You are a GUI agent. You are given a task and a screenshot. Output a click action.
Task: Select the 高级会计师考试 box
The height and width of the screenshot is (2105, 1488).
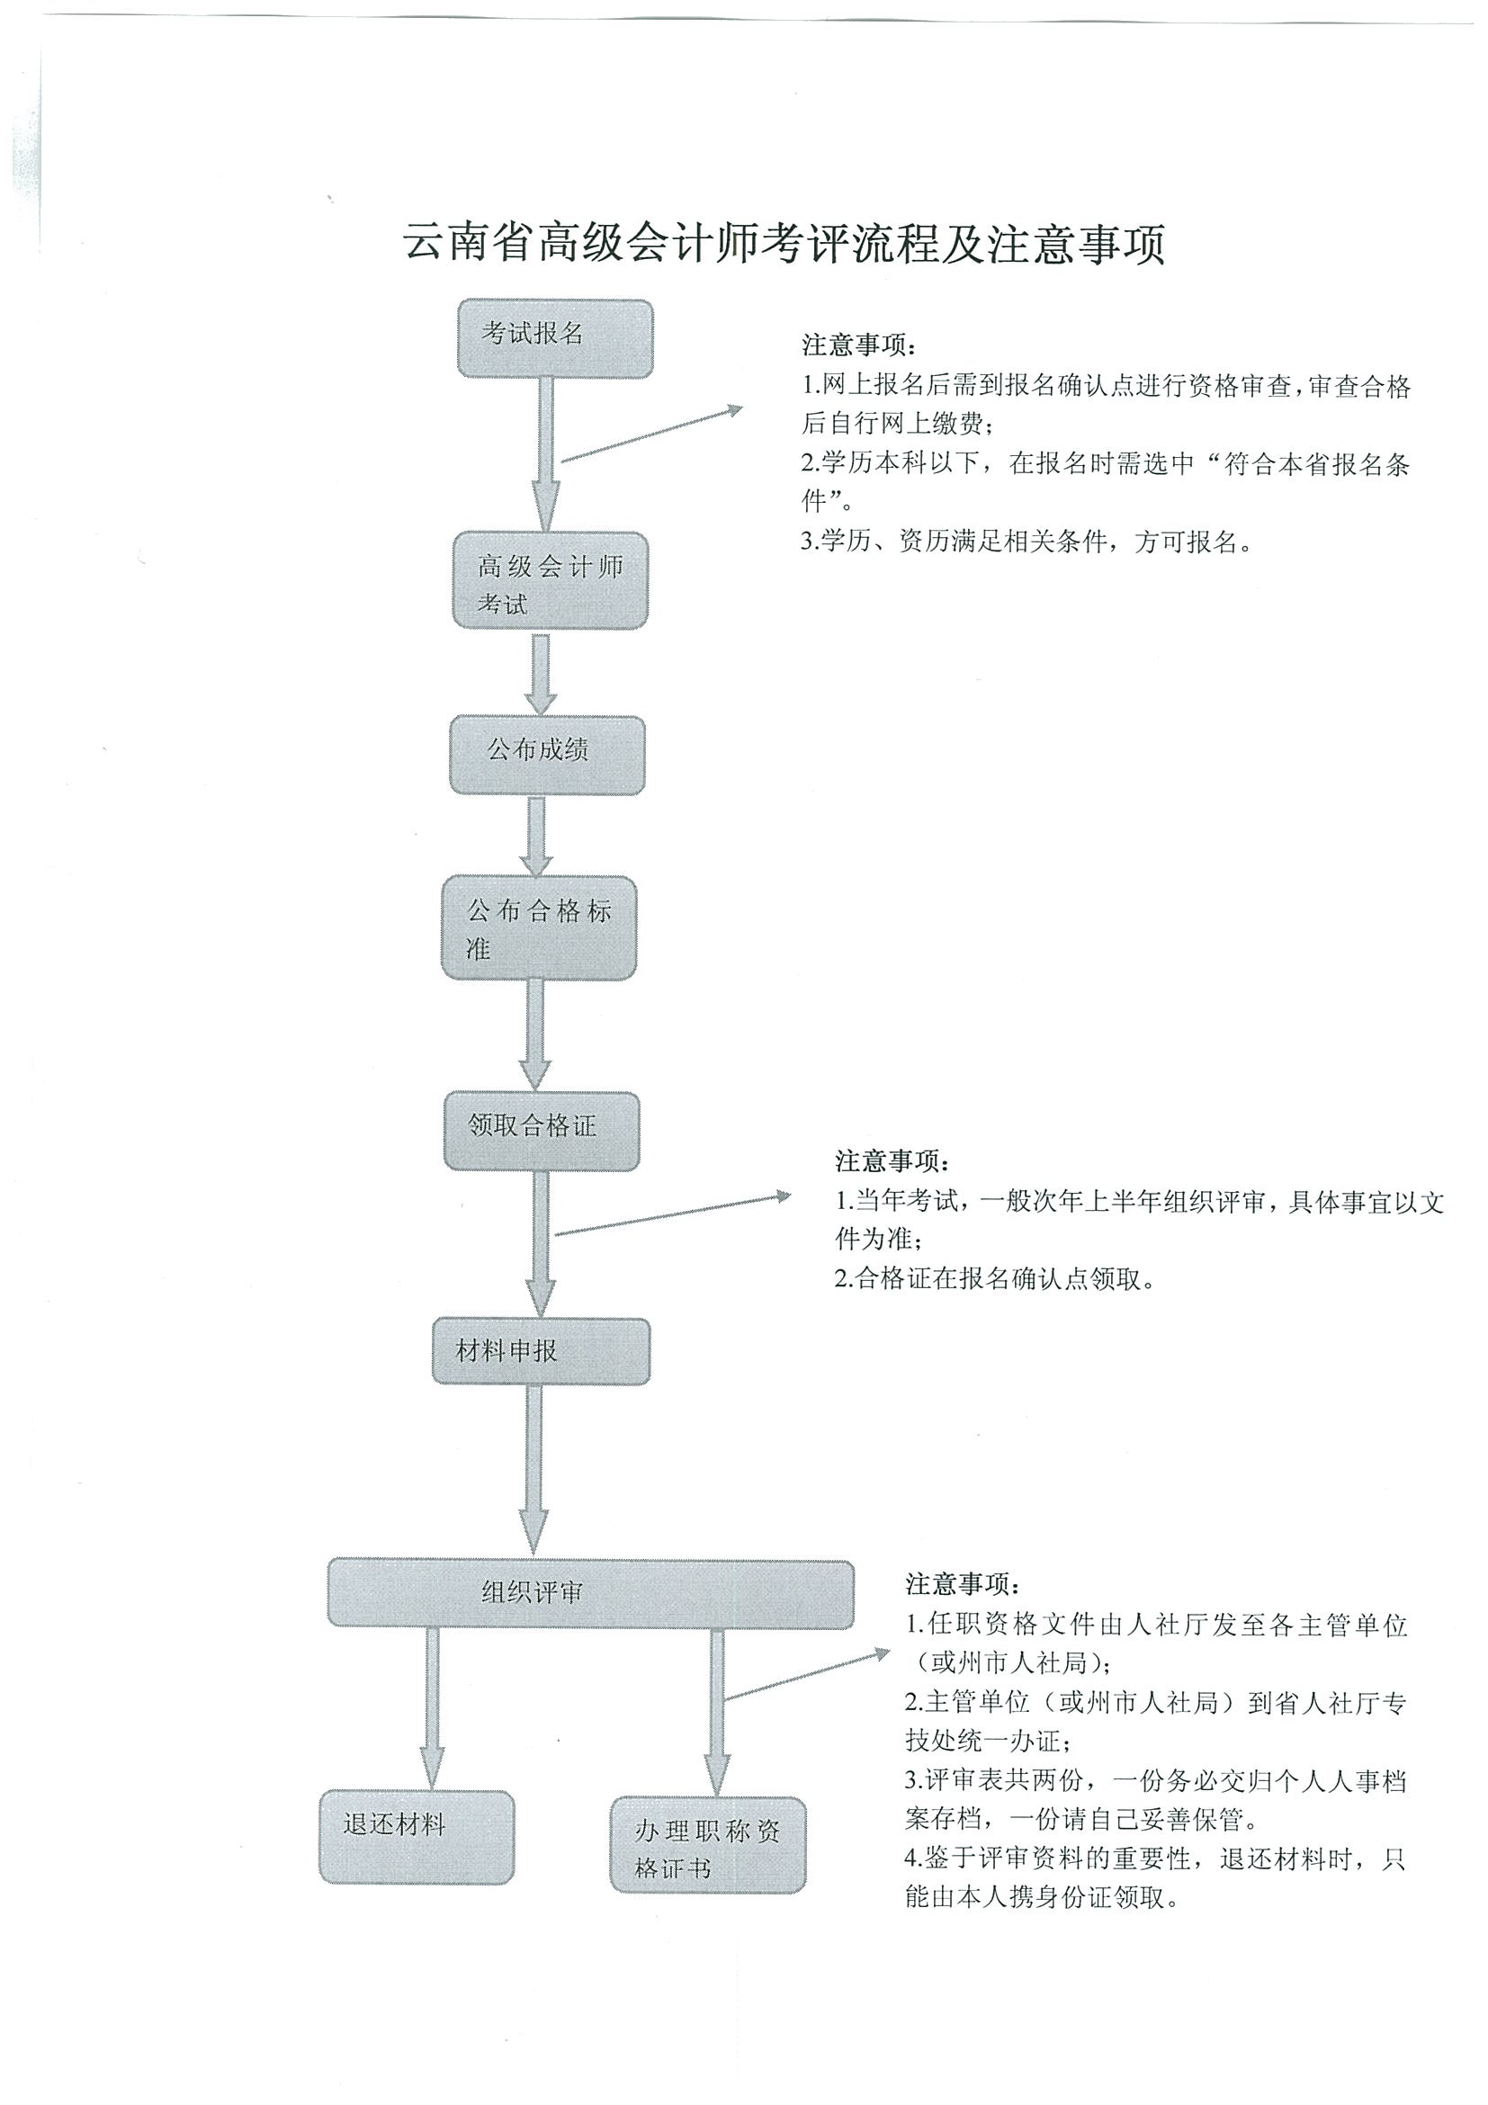point(550,581)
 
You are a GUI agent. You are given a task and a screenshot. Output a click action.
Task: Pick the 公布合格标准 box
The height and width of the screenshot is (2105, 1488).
point(539,927)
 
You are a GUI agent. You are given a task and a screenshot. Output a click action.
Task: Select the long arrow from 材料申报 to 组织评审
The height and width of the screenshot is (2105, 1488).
point(534,1467)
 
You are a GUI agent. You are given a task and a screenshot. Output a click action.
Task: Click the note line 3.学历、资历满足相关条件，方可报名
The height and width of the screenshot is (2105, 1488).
point(1026,542)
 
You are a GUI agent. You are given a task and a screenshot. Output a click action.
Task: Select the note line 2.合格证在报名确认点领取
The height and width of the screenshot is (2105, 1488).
point(995,1278)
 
